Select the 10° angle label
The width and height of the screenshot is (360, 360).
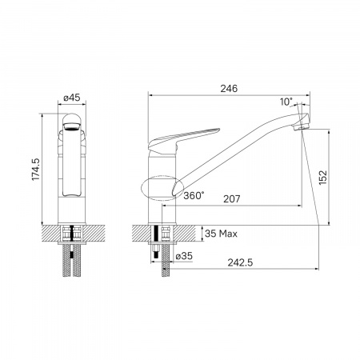tap(286, 102)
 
